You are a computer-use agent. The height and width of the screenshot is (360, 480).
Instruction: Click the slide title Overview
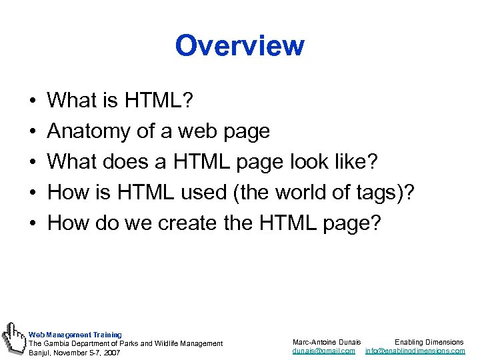(x=239, y=46)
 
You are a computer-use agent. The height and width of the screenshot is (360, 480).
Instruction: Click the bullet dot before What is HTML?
(x=33, y=101)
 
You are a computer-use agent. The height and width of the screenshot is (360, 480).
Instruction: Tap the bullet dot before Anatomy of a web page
(x=33, y=132)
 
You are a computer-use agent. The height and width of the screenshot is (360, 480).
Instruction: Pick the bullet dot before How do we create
(x=33, y=223)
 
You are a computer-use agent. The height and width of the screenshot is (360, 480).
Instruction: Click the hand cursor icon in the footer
(x=13, y=337)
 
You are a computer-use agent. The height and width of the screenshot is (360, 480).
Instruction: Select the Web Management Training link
(x=75, y=335)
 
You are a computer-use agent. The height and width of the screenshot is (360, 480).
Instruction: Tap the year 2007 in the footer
(x=111, y=352)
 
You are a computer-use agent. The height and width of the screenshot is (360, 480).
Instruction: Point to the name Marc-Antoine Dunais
(x=327, y=342)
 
